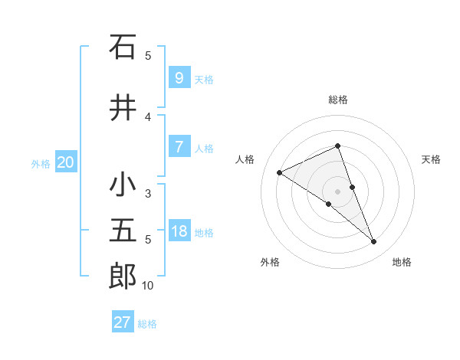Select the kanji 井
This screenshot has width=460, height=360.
coord(123,108)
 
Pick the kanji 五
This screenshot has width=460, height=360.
coord(123,231)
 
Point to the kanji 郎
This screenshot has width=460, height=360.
coord(123,276)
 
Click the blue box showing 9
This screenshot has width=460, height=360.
coord(179,77)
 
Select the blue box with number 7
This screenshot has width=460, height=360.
coord(179,147)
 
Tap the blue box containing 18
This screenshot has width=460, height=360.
coord(179,231)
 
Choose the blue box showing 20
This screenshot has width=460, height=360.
coord(66,162)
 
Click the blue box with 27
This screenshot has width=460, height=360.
coord(123,322)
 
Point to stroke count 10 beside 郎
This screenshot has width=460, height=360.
coord(147,286)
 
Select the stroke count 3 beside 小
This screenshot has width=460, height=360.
coord(148,194)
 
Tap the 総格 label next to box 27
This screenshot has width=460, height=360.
coord(147,324)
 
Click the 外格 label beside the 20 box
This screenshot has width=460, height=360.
coord(41,163)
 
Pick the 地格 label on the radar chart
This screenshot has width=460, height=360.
coord(402,262)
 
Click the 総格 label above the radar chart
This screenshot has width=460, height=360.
coord(338,100)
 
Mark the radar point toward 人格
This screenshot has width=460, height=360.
coord(280,172)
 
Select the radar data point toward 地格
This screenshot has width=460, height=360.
coord(374,242)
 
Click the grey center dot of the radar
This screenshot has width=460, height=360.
coord(338,191)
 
